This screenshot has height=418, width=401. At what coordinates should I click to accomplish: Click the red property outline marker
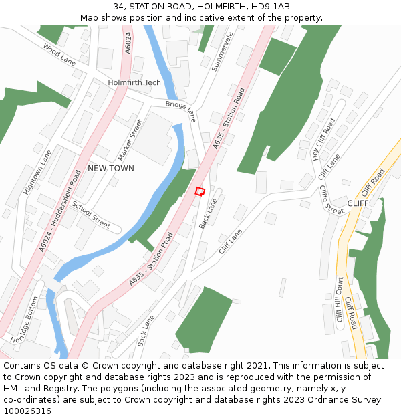[x=199, y=191]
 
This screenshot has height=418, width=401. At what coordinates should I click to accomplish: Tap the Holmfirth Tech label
[x=134, y=82]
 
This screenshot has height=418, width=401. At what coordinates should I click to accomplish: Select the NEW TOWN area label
[x=111, y=168]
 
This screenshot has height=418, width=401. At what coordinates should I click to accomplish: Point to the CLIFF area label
[x=358, y=203]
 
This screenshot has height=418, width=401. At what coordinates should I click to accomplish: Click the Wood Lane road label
[x=59, y=55]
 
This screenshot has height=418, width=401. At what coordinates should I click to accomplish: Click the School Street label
[x=91, y=214]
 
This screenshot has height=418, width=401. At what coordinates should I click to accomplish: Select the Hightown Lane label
[x=37, y=172]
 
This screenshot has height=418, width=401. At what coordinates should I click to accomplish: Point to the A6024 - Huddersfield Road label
[x=60, y=210]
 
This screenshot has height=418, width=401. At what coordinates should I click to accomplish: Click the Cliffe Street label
[x=331, y=200]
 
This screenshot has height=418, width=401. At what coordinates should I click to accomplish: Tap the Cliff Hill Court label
[x=340, y=299]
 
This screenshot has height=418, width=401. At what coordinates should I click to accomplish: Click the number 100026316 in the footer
[x=27, y=411]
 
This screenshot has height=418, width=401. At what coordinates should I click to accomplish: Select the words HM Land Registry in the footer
[x=36, y=389]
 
